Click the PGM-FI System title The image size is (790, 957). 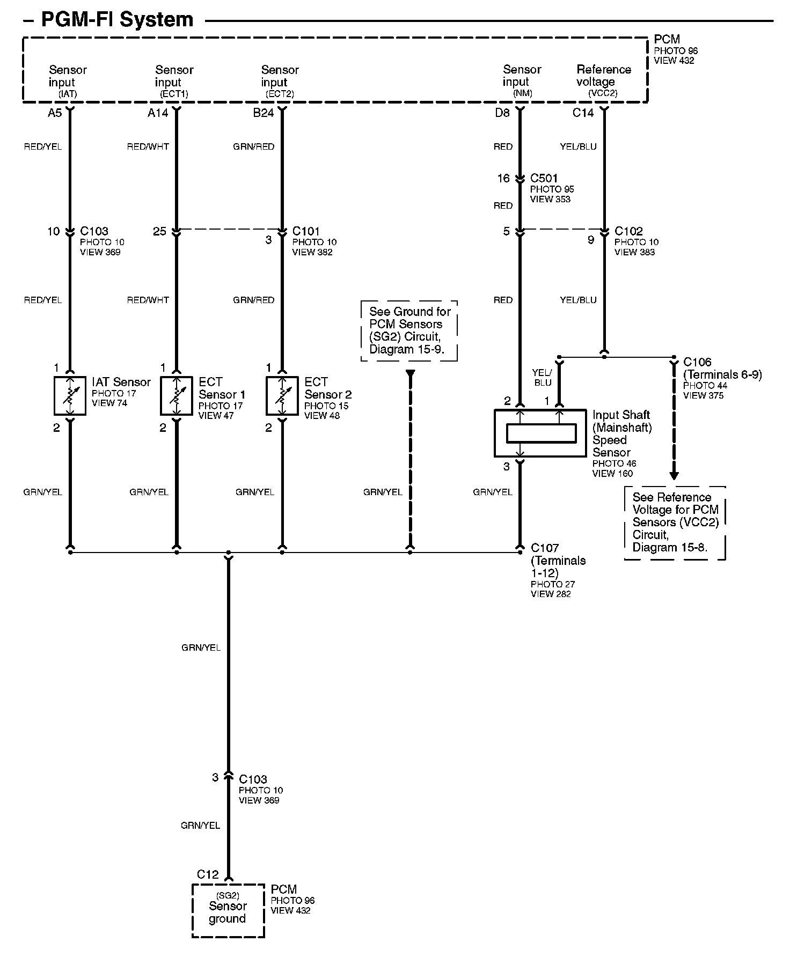[117, 20]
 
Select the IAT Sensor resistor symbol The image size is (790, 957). [70, 396]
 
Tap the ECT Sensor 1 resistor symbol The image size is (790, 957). [176, 396]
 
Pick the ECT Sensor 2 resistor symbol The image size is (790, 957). [282, 396]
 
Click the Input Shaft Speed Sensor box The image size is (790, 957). [540, 433]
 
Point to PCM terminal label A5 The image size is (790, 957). [55, 113]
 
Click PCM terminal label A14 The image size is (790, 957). [158, 113]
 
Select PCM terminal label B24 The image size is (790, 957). [264, 113]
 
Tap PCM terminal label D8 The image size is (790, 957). [502, 113]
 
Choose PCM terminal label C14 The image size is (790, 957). [583, 113]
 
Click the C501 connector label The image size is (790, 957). [544, 178]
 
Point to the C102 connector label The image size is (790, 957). [628, 231]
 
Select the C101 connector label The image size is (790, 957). [306, 231]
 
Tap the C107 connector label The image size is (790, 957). [545, 548]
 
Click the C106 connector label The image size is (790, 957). [697, 363]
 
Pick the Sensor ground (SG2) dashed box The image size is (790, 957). [228, 910]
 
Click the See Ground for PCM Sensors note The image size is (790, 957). [409, 330]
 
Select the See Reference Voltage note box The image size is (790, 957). [675, 522]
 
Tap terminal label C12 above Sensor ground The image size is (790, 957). [208, 874]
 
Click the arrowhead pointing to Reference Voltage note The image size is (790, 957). [674, 475]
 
